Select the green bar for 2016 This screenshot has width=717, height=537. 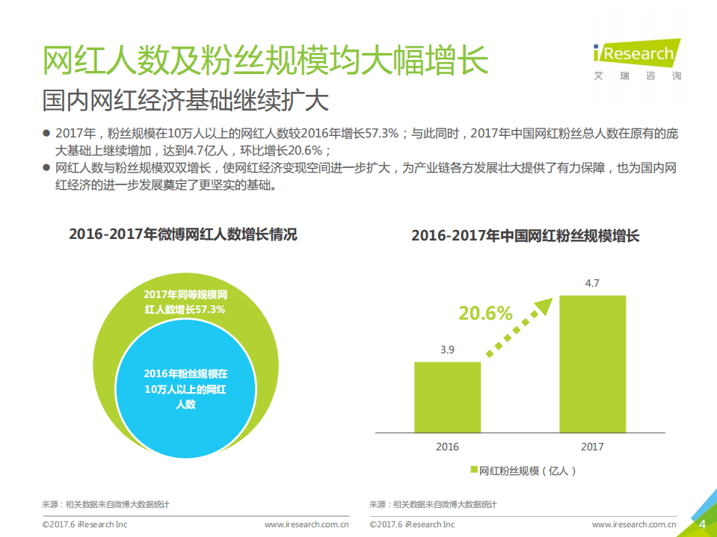(x=447, y=397)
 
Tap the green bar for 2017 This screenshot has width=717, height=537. (x=592, y=364)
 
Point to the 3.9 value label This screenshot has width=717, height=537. (x=447, y=350)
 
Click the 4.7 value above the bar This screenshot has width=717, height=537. (x=592, y=283)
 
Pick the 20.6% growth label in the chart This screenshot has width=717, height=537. (x=485, y=313)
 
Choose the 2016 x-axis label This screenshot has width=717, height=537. (x=447, y=447)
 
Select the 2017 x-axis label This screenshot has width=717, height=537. (x=591, y=447)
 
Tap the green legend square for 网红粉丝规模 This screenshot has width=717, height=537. (x=473, y=470)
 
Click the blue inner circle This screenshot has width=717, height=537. (x=185, y=388)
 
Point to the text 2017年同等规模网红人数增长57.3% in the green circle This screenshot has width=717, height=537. (x=185, y=302)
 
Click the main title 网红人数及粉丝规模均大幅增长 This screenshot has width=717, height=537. (x=265, y=61)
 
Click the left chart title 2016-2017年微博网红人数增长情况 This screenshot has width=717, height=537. (x=183, y=235)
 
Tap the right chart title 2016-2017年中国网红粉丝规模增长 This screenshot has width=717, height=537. (x=526, y=236)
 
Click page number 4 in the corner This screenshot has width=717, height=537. (x=701, y=524)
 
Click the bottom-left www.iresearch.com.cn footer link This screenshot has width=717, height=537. (x=307, y=525)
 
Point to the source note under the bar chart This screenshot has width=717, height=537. (x=433, y=505)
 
